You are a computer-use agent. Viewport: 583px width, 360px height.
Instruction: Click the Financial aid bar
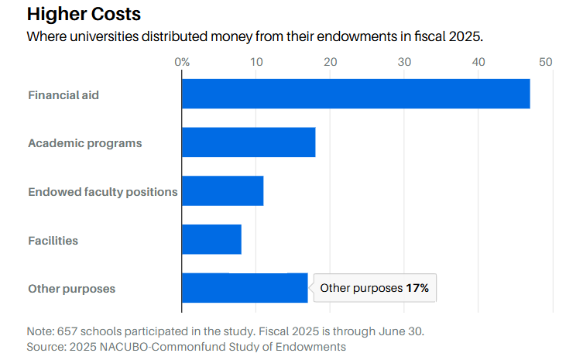tap(355, 94)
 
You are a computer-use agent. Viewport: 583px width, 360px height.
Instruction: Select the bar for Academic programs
tap(249, 142)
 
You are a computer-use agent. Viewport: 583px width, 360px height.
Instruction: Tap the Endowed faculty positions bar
tap(222, 191)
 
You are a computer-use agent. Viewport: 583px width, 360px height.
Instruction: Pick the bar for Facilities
tap(211, 239)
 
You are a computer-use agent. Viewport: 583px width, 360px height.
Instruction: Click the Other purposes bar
tap(245, 288)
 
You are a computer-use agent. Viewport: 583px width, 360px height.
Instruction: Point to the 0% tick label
tap(182, 62)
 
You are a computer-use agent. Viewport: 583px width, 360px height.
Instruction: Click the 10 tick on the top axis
tap(256, 62)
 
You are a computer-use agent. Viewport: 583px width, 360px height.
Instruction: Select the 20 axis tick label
tap(330, 62)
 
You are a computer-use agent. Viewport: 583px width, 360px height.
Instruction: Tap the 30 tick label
tap(404, 62)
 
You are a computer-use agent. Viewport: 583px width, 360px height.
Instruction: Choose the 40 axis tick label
tap(478, 62)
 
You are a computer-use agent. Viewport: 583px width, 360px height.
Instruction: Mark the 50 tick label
tap(546, 62)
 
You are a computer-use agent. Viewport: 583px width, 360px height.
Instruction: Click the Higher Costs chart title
tap(84, 14)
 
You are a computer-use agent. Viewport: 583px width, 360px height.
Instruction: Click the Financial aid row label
tap(63, 95)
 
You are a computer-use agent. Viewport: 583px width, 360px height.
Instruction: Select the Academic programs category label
tap(84, 143)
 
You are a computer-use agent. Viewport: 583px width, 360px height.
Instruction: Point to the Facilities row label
tap(53, 241)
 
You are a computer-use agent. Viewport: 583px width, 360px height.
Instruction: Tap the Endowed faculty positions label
tap(102, 192)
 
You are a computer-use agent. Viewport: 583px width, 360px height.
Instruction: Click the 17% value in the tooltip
tap(417, 288)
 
